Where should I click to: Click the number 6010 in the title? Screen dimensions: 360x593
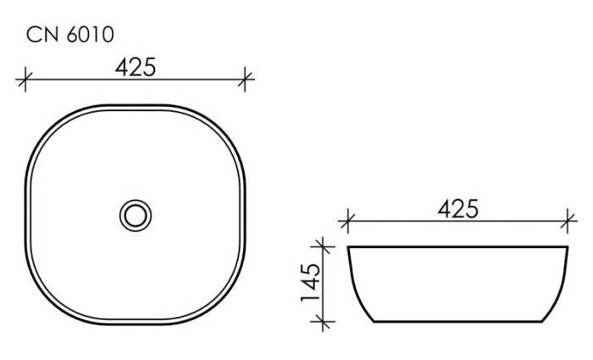89,35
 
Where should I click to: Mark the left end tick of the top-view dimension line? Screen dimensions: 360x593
25,80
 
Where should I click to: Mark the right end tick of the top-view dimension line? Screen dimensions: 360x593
246,80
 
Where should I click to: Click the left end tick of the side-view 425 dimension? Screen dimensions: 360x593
345,224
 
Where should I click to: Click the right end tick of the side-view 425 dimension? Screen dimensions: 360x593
566,224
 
